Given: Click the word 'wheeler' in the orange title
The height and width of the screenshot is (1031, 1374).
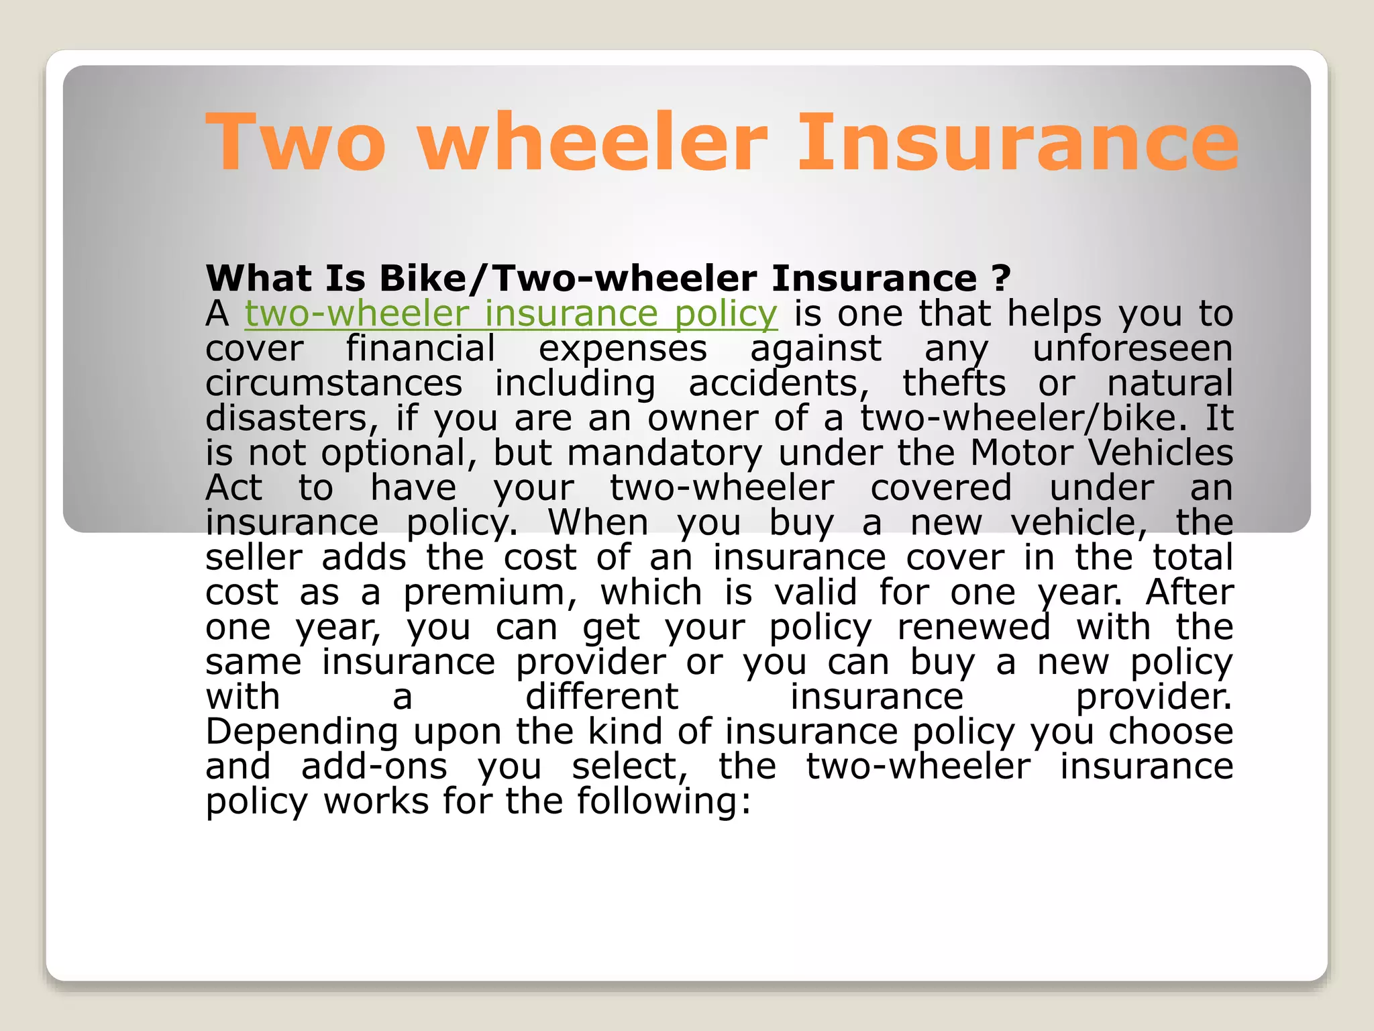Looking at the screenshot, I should point(593,142).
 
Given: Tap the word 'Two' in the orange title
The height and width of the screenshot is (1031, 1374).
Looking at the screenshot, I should point(296,142).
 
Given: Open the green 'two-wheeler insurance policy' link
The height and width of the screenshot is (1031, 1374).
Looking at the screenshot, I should point(511,314).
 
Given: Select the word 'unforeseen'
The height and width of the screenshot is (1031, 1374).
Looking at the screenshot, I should point(1132,349).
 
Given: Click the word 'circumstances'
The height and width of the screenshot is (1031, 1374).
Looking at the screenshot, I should point(333,384).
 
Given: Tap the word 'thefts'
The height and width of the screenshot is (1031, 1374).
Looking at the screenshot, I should point(953,384).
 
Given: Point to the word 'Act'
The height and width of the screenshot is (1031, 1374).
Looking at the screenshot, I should point(233,488).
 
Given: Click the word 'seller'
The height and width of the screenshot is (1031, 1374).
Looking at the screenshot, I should point(254,558).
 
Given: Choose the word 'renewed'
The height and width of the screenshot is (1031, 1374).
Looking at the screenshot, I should point(973,628).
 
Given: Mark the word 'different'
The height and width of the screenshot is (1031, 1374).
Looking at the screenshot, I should point(602,697).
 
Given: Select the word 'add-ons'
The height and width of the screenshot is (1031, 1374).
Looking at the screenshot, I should point(374,767).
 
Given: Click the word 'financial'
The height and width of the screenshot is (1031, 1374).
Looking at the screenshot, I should point(421,349).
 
